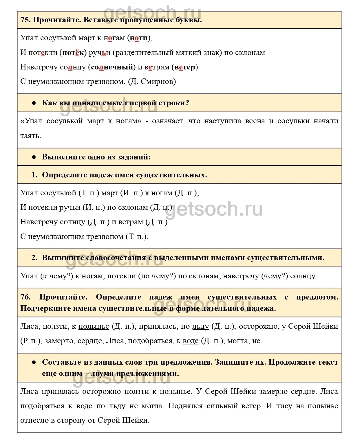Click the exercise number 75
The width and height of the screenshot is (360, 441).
[25, 20]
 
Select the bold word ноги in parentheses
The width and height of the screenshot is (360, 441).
[139, 38]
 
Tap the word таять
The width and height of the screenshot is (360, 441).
[30, 135]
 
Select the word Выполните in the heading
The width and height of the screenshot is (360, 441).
[61, 157]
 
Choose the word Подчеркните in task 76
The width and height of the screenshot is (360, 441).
[45, 308]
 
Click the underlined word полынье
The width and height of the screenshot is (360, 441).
[94, 326]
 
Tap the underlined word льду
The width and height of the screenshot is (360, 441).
[200, 326]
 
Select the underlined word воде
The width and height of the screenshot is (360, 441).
[191, 341]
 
